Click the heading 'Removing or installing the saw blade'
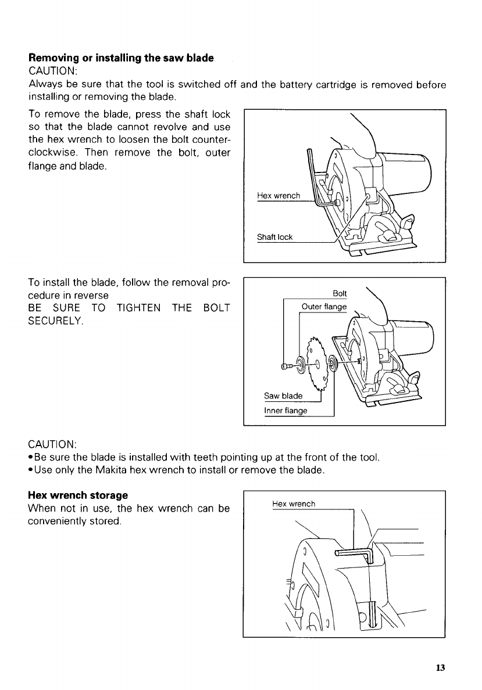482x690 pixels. [121, 58]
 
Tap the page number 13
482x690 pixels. [440, 668]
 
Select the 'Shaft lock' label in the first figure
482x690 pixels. [275, 237]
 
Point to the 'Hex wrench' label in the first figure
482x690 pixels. [278, 196]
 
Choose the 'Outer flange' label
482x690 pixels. [323, 307]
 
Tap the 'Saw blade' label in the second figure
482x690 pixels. [283, 396]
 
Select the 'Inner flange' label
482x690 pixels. [286, 411]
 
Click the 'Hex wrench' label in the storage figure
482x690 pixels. [294, 504]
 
